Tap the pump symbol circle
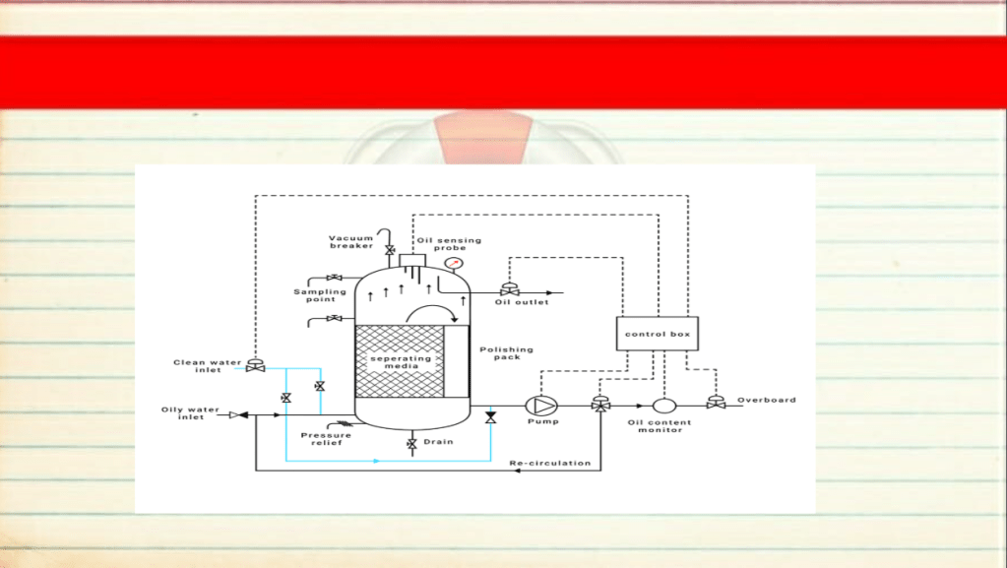tap(541, 407)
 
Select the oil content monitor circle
tap(664, 407)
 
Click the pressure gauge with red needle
tap(454, 264)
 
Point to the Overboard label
tap(766, 400)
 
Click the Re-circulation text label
tap(549, 463)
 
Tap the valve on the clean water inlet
tap(255, 365)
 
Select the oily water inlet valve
tap(239, 415)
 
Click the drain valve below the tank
tap(411, 444)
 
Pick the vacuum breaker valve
tap(389, 250)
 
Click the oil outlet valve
tap(509, 289)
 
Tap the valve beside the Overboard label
tap(716, 403)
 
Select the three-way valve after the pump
tap(600, 404)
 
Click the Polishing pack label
tap(506, 353)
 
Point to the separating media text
tap(401, 361)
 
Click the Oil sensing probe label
tap(449, 244)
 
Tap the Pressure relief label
tap(326, 439)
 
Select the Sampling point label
tap(320, 295)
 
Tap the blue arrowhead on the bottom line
tap(377, 461)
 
